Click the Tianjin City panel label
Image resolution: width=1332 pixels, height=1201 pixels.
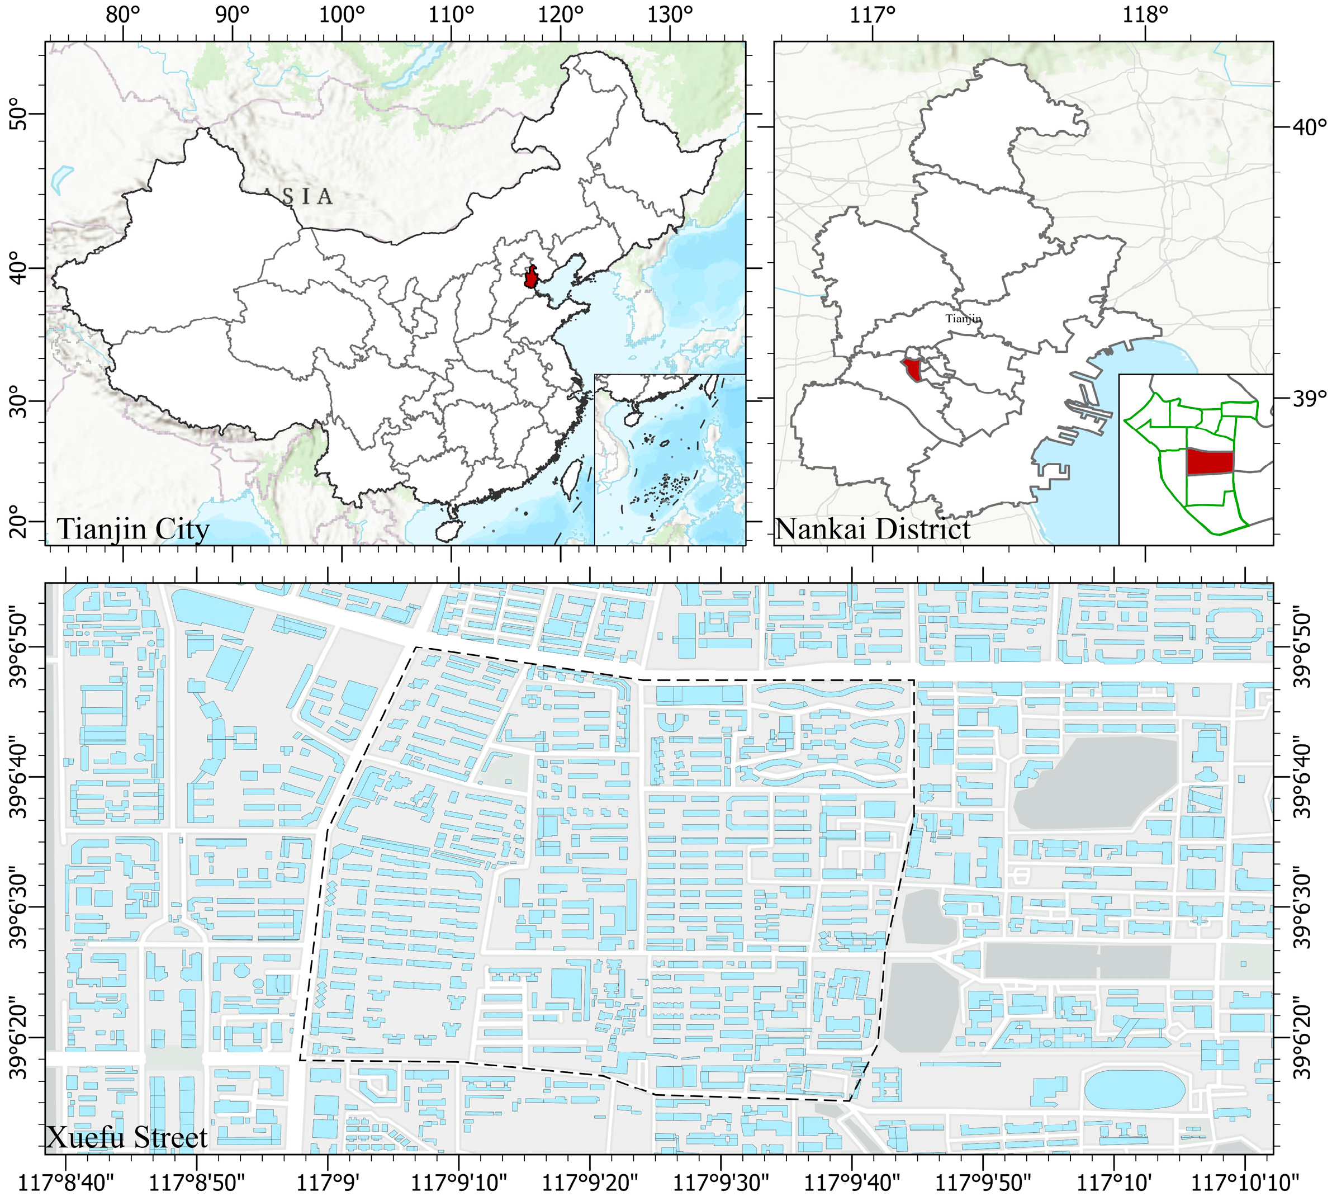pos(133,529)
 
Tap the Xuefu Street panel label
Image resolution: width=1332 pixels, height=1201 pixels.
pos(127,1137)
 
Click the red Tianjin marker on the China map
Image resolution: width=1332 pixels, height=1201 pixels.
pos(531,277)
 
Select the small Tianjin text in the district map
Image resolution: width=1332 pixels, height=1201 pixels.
pos(963,319)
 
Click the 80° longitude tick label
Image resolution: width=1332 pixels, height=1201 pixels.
pos(123,15)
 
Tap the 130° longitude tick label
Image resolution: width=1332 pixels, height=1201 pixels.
pos(670,15)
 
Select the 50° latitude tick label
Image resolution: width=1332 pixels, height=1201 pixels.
pos(20,114)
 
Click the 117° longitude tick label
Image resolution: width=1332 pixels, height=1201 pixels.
pos(873,15)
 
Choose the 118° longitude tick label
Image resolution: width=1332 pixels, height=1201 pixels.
pos(1145,15)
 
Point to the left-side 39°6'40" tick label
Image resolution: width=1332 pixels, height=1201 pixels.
pos(20,777)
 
